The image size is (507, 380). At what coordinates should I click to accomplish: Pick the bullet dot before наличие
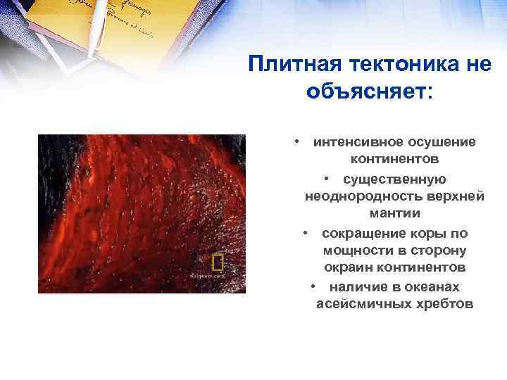[313, 286]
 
